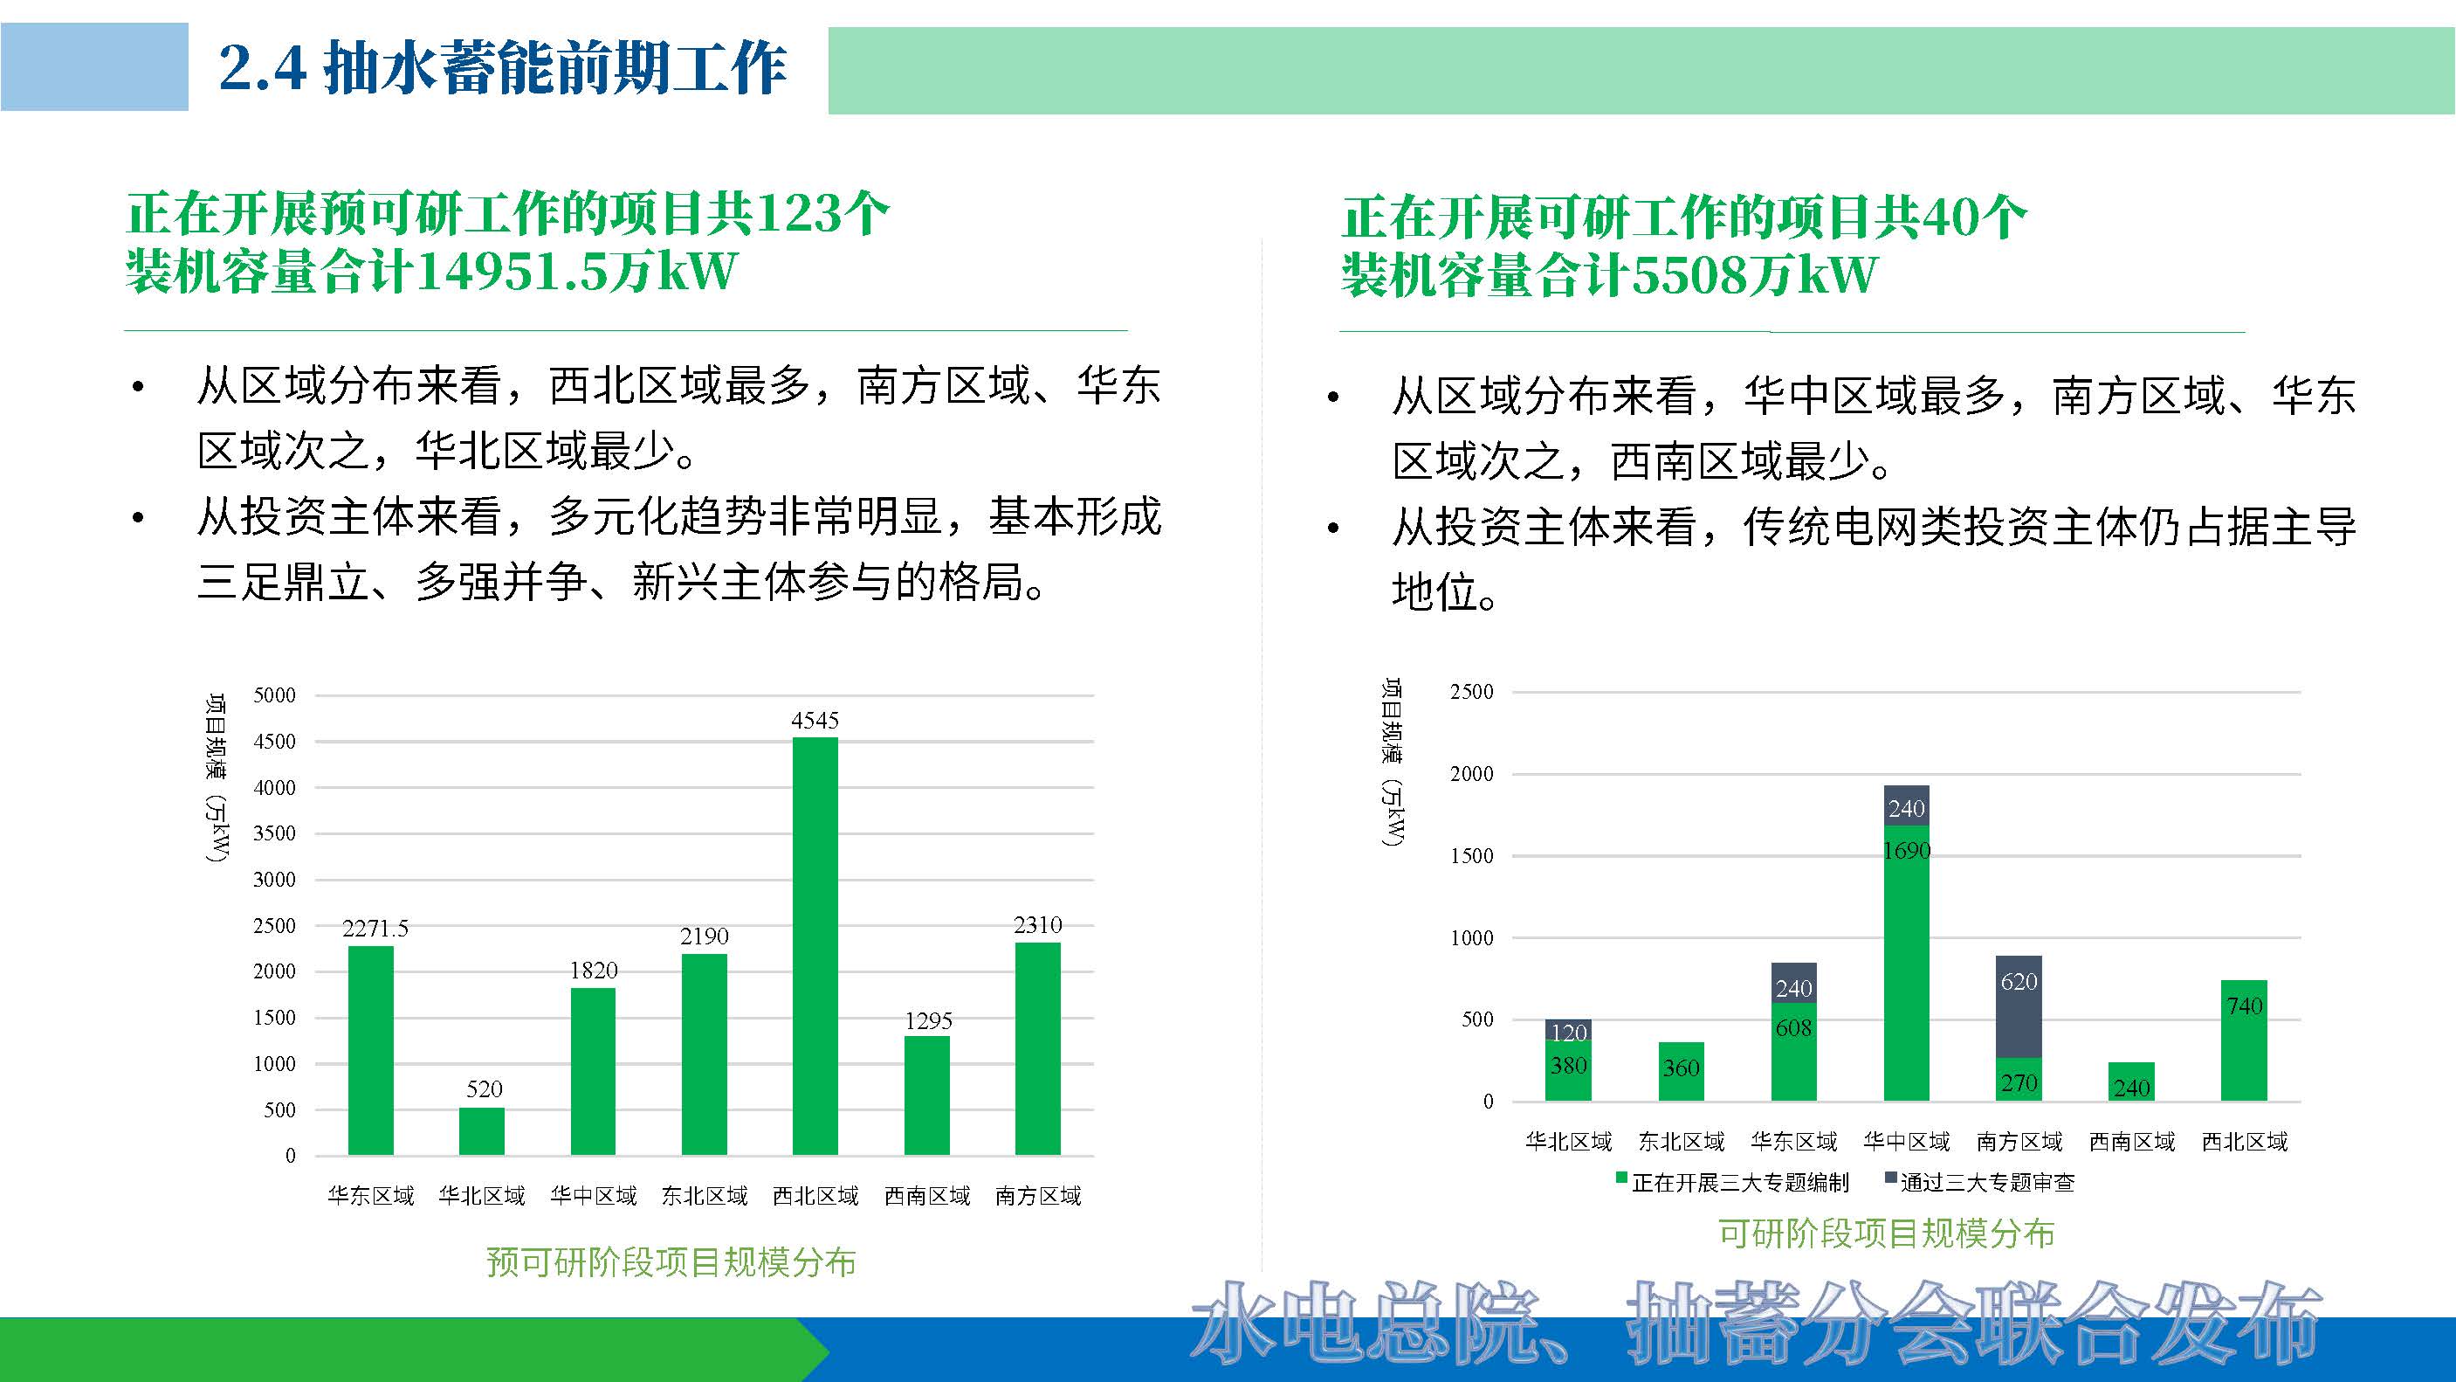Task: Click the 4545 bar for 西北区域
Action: coord(815,944)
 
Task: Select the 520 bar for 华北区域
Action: coord(481,1131)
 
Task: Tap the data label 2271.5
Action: coord(375,928)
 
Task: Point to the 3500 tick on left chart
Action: coord(274,833)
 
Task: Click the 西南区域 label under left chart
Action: coord(926,1196)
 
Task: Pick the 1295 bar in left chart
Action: coord(926,1095)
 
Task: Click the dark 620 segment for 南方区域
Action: coord(2019,1006)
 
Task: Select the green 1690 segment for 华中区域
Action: coord(1906,964)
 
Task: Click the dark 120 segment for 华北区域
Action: coord(1568,1030)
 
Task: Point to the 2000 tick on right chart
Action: coord(1471,773)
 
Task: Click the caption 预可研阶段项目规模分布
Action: coord(671,1261)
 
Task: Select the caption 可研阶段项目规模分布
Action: coord(1886,1233)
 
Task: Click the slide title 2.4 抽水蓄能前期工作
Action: coord(502,68)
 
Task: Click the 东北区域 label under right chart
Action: coord(1681,1142)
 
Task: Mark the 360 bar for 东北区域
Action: coord(1681,1071)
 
